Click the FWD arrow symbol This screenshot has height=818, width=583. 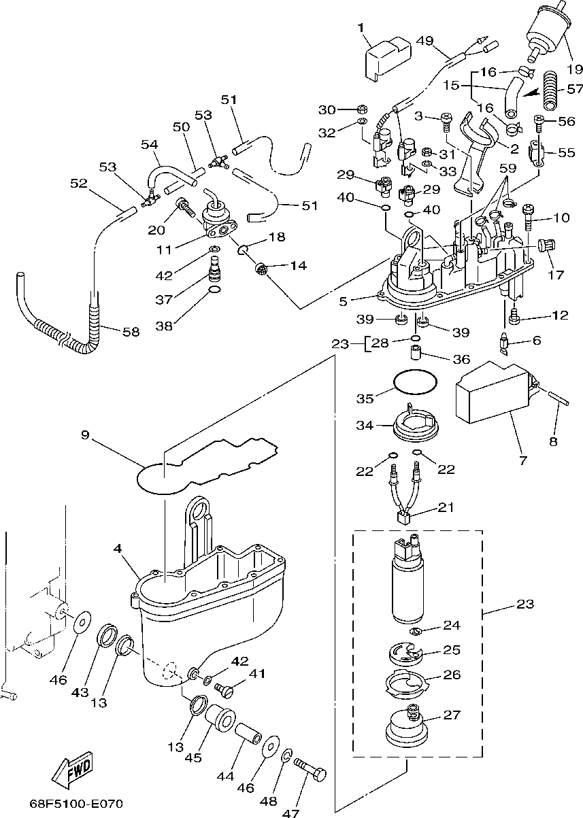[72, 770]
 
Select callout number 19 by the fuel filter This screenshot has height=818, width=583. [575, 68]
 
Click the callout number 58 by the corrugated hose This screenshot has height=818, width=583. [131, 332]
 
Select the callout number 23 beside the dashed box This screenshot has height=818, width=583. [525, 603]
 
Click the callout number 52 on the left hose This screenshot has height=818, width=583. [79, 184]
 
